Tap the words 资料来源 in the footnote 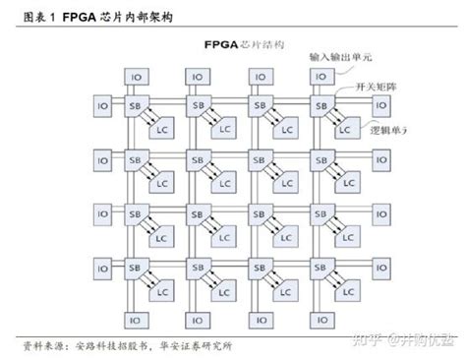[42, 346]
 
